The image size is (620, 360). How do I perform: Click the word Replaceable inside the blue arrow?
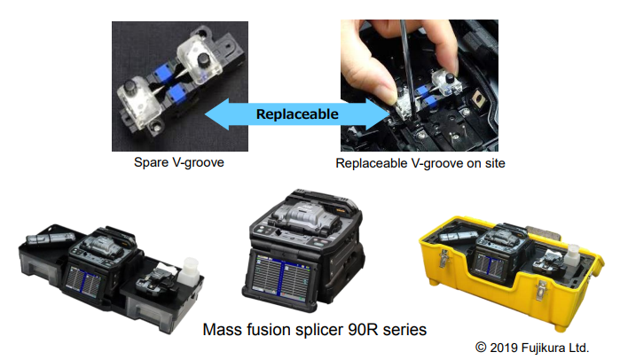pyautogui.click(x=297, y=114)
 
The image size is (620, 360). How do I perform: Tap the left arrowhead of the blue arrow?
pyautogui.click(x=216, y=114)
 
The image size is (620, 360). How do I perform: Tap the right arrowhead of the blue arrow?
pyautogui.click(x=378, y=114)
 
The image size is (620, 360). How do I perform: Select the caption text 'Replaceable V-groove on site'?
pyautogui.click(x=420, y=163)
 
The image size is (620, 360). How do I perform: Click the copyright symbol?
pyautogui.click(x=481, y=348)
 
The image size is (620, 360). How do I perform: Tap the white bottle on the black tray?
pyautogui.click(x=189, y=272)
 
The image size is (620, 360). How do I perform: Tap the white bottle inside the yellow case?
pyautogui.click(x=572, y=255)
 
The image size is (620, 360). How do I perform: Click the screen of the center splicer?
pyautogui.click(x=281, y=277)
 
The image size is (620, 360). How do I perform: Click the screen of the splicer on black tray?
pyautogui.click(x=84, y=282)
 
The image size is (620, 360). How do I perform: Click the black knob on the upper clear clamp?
pyautogui.click(x=204, y=60)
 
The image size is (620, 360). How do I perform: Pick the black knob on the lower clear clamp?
pyautogui.click(x=130, y=86)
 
